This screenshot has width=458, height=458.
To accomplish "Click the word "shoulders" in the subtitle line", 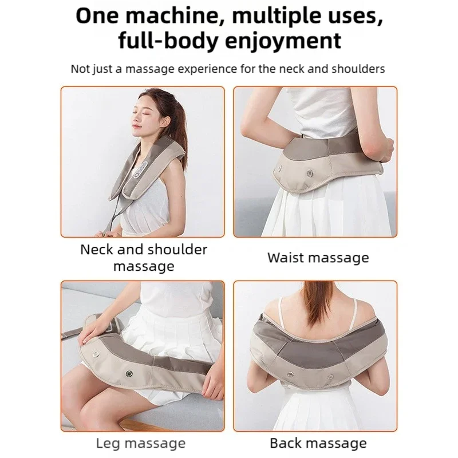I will point(356,69).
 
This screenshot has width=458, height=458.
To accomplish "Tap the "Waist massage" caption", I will point(318,258).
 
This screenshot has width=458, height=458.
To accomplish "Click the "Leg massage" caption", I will point(140,443).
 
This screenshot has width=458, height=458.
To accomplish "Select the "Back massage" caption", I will point(318,443).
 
